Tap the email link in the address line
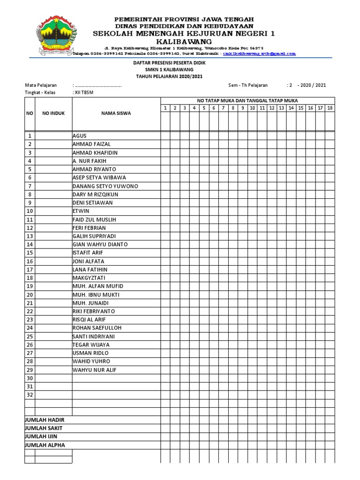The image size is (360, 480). click(x=259, y=54)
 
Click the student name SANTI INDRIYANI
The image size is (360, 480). click(x=93, y=337)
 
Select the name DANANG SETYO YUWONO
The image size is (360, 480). click(x=105, y=186)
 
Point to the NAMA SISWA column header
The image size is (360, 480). click(x=116, y=113)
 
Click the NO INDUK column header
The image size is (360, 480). click(x=53, y=113)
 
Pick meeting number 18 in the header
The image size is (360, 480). click(x=330, y=108)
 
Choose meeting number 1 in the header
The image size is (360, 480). click(x=165, y=108)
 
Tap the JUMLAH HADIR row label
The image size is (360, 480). click(x=45, y=420)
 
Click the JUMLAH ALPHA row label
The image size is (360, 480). click(x=45, y=445)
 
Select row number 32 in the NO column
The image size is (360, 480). click(x=30, y=395)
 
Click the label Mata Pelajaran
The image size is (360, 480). click(x=41, y=85)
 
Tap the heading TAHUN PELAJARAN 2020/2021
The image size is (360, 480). click(x=170, y=76)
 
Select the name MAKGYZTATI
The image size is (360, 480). click(x=89, y=278)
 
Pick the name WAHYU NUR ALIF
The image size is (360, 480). click(x=94, y=370)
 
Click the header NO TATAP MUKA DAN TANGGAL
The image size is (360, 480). click(x=247, y=101)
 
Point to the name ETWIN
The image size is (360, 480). click(x=81, y=211)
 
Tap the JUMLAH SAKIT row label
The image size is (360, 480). click(x=44, y=428)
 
